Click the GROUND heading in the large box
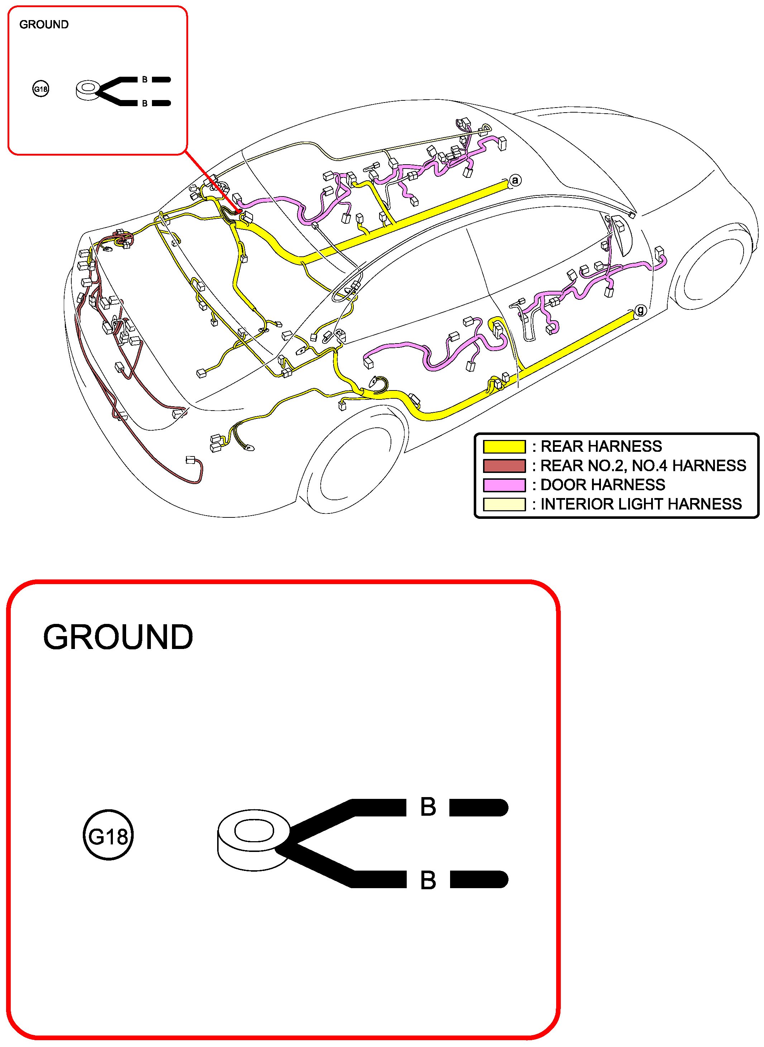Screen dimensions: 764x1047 (118, 637)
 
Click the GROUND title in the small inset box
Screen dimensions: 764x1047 (44, 24)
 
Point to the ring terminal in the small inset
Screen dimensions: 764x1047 (88, 90)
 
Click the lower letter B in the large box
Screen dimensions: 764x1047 (428, 880)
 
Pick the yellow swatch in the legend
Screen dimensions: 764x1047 (504, 446)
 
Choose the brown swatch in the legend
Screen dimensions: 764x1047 (504, 465)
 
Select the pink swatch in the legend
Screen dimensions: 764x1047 (504, 485)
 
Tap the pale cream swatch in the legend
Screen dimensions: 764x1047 (504, 504)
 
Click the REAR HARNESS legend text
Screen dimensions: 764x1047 (601, 446)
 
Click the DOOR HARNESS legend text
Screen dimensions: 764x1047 (603, 485)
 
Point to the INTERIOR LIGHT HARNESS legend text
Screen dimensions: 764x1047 (641, 504)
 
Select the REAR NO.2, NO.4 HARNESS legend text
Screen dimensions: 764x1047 (643, 465)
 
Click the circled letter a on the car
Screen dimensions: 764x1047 (515, 180)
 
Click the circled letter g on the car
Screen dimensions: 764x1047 (640, 311)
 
